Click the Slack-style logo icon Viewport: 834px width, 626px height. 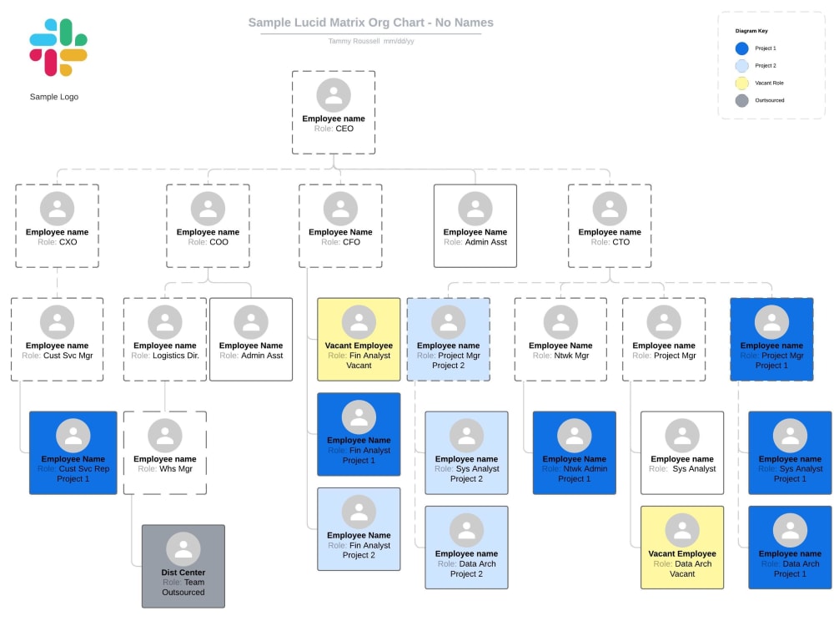tap(58, 48)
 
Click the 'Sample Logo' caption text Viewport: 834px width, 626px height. tap(54, 97)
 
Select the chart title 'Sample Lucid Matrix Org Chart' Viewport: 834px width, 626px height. tap(370, 23)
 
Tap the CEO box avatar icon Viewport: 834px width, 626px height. tap(334, 94)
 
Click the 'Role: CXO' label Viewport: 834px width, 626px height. tap(57, 242)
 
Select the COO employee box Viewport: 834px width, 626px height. tap(208, 225)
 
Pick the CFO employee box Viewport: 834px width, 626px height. tap(340, 225)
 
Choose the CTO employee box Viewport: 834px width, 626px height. tap(610, 225)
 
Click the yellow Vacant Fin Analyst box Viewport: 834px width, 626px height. tap(359, 339)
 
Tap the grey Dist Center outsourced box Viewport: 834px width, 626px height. tap(183, 565)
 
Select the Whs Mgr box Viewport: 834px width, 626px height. tap(165, 452)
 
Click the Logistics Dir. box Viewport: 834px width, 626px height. tap(165, 339)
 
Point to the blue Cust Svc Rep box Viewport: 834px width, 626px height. tap(73, 452)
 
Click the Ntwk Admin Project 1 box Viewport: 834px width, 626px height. tap(575, 452)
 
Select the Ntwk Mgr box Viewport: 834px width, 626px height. tap(560, 339)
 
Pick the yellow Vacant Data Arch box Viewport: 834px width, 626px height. tap(682, 547)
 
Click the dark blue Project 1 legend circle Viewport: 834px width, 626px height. tap(741, 48)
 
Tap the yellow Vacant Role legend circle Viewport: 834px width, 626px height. tap(741, 83)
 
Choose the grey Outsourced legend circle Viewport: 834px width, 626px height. tap(741, 101)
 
